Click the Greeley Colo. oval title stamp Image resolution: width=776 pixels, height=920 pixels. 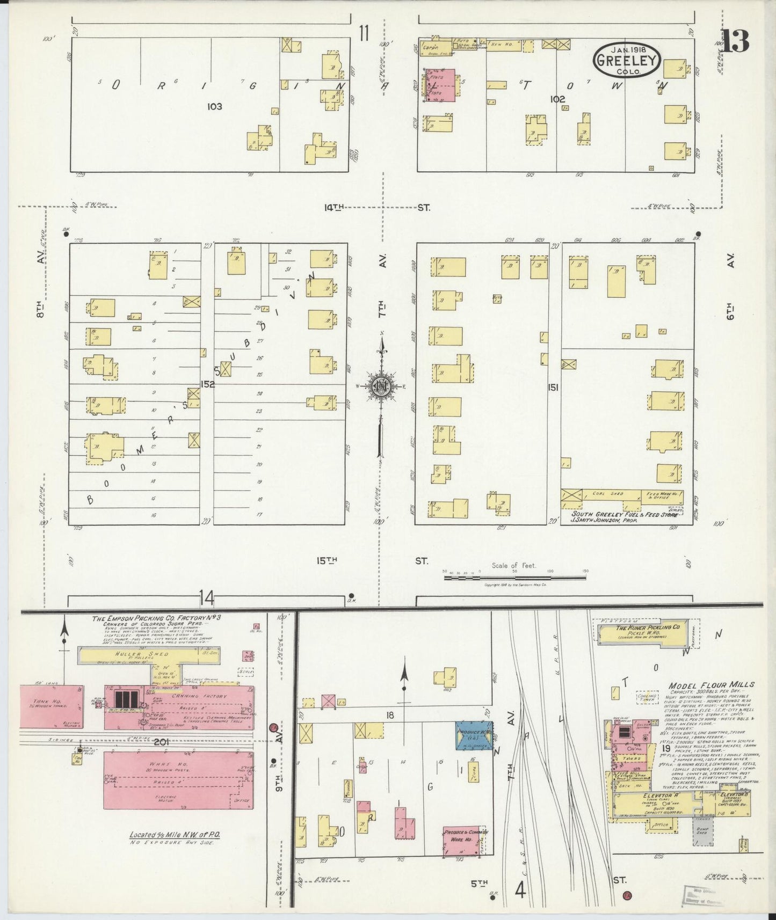click(x=627, y=61)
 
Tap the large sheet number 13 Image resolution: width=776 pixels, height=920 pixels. click(x=735, y=41)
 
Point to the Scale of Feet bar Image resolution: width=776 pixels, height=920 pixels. click(x=514, y=578)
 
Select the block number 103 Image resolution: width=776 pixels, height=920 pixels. click(x=214, y=106)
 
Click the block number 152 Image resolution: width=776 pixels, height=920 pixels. click(x=207, y=384)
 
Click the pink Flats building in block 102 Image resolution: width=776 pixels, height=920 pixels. click(x=442, y=84)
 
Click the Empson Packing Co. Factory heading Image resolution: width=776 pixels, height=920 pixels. click(x=156, y=618)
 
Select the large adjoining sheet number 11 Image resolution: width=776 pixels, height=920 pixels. click(x=364, y=34)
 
